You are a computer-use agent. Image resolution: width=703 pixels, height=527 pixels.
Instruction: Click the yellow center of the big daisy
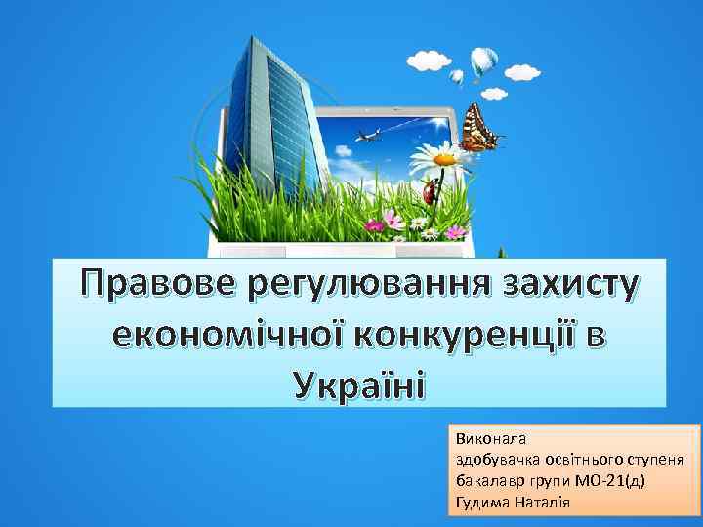tap(444, 157)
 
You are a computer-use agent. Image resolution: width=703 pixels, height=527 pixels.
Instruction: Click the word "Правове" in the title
tap(160, 284)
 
